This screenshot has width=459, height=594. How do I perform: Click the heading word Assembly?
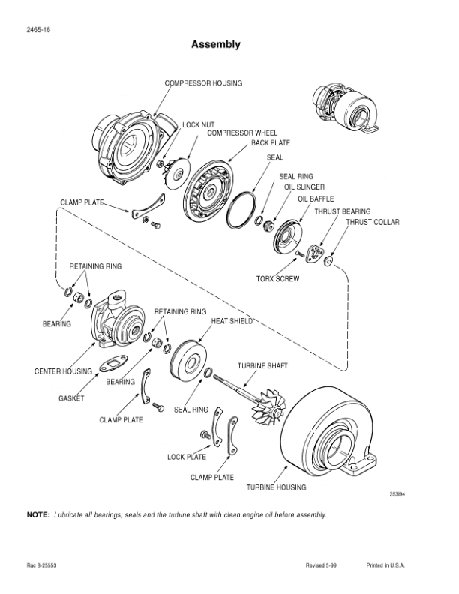pyautogui.click(x=216, y=45)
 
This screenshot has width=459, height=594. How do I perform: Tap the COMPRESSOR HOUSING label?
pyautogui.click(x=203, y=82)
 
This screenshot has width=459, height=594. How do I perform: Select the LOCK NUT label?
pyautogui.click(x=198, y=124)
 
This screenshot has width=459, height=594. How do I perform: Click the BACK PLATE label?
pyautogui.click(x=271, y=142)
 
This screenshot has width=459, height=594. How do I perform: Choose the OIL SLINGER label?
pyautogui.click(x=304, y=187)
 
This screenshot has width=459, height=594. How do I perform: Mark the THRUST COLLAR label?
pyautogui.click(x=373, y=222)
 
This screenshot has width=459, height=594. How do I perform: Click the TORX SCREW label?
pyautogui.click(x=277, y=279)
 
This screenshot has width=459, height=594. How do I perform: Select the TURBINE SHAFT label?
pyautogui.click(x=263, y=365)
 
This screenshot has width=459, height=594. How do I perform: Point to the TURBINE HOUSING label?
pyautogui.click(x=277, y=487)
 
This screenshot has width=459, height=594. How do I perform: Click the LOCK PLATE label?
pyautogui.click(x=187, y=456)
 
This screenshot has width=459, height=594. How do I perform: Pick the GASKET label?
pyautogui.click(x=71, y=397)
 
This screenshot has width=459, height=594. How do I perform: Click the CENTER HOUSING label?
pyautogui.click(x=63, y=371)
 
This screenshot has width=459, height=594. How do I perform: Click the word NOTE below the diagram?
pyautogui.click(x=37, y=515)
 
